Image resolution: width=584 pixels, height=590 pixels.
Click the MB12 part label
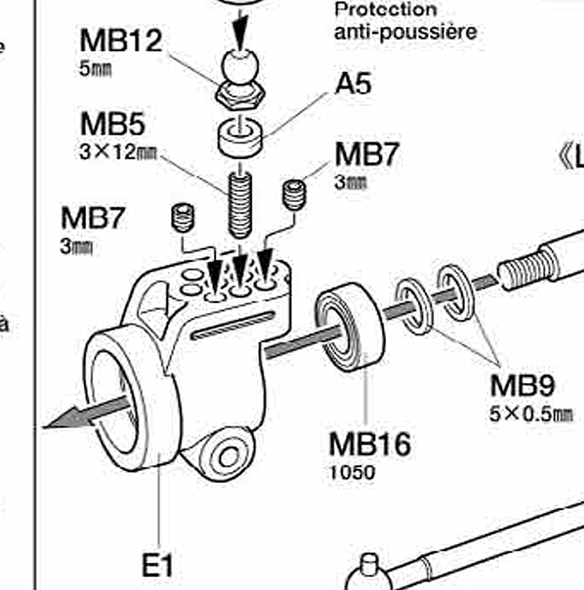[x=120, y=41]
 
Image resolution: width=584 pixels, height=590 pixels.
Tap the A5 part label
[x=353, y=83]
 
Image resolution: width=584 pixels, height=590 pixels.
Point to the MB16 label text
[x=369, y=443]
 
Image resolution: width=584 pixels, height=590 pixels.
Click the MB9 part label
[x=522, y=384]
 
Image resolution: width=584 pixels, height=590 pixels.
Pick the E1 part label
[x=158, y=565]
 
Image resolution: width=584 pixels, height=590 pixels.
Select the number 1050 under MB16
[x=352, y=472]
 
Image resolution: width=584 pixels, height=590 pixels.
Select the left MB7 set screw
[x=182, y=217]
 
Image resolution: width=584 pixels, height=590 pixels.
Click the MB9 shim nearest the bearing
[x=414, y=306]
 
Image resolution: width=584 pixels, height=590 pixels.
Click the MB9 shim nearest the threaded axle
[x=455, y=292]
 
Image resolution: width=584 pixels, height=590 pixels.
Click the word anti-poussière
[x=405, y=31]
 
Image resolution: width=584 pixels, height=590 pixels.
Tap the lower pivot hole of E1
[x=229, y=457]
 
